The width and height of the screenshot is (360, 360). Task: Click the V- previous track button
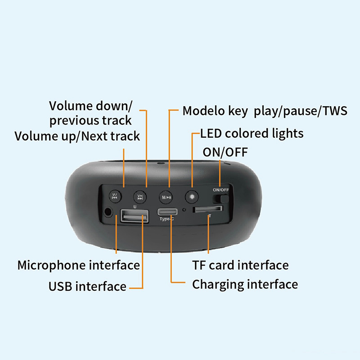point(115,197)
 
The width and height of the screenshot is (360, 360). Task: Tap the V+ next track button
point(140,197)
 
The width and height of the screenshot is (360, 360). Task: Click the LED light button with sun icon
point(192,197)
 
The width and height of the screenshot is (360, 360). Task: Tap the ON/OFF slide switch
point(221,199)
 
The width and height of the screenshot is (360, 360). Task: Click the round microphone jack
point(108,212)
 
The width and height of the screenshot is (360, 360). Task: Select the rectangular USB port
point(135,216)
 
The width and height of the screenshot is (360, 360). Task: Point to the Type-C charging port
point(167,211)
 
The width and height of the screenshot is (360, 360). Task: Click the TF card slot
point(207,209)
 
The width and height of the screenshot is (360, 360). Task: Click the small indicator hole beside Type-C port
point(184,210)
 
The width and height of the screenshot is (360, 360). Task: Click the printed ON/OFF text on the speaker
point(221,190)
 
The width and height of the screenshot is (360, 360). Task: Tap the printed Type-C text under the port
point(166,219)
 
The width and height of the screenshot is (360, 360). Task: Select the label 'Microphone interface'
point(78,265)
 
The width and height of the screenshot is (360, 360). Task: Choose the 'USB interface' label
point(87,287)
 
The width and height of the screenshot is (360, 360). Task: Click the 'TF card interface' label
point(240,265)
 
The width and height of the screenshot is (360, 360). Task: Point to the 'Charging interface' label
point(245,285)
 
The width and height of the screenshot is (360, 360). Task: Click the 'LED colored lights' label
point(252,133)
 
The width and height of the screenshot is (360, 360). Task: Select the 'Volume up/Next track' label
point(77,136)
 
